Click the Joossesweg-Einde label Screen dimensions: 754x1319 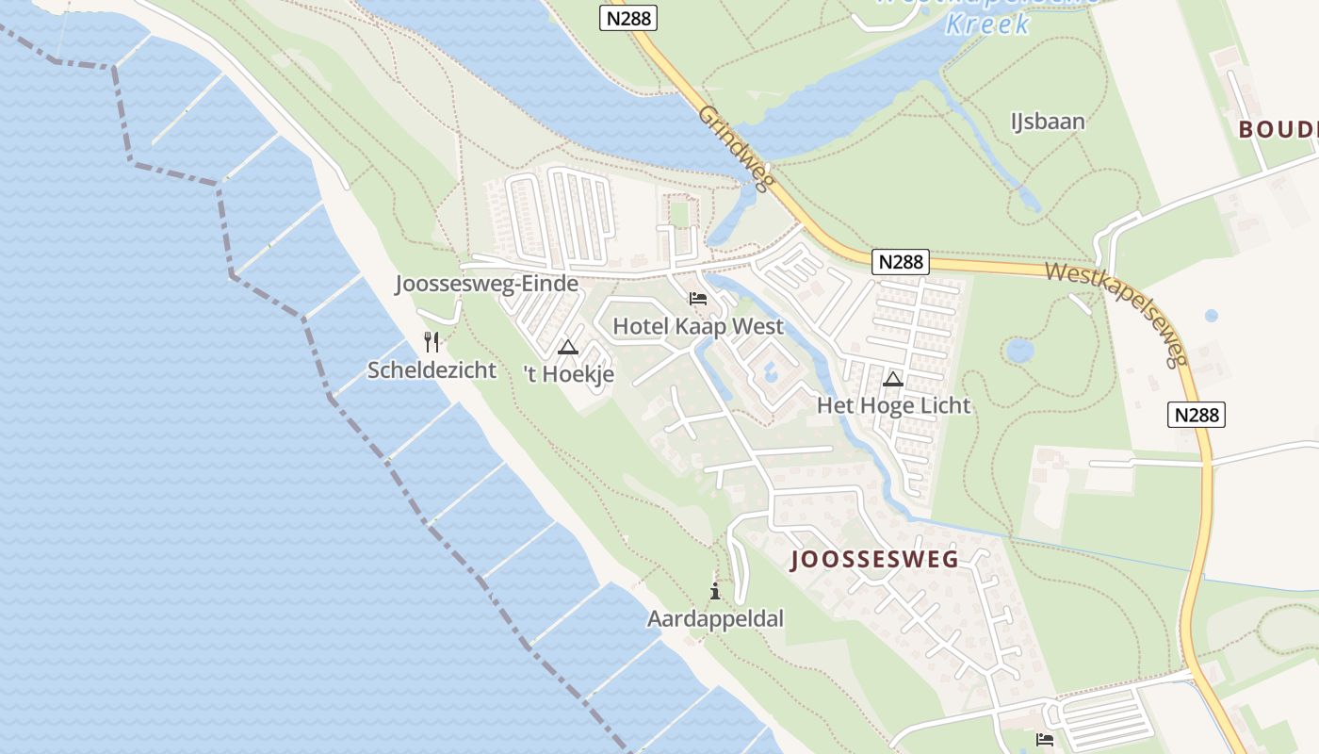[x=486, y=284]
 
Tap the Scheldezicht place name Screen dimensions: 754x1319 [x=432, y=369]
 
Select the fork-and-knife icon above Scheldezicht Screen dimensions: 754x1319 [x=432, y=341]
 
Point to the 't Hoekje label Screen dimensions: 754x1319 [x=568, y=374]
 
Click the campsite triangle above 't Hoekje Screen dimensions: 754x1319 [x=567, y=347]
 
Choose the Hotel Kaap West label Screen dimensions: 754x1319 [x=697, y=326]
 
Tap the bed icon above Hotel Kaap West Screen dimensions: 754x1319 [x=697, y=299]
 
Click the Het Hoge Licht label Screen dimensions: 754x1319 [x=893, y=405]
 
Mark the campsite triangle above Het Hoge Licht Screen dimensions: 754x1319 [x=893, y=379]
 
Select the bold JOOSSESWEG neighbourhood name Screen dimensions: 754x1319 [x=874, y=559]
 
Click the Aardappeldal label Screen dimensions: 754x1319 [x=715, y=618]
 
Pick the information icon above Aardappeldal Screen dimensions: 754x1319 [x=715, y=591]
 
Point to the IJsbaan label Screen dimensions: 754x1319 [x=1048, y=122]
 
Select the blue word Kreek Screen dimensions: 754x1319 [x=987, y=24]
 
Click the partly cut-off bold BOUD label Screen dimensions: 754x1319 [x=1278, y=129]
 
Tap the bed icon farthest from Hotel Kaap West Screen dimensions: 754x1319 [x=1044, y=739]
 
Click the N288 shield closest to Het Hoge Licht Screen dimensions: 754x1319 [x=900, y=261]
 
